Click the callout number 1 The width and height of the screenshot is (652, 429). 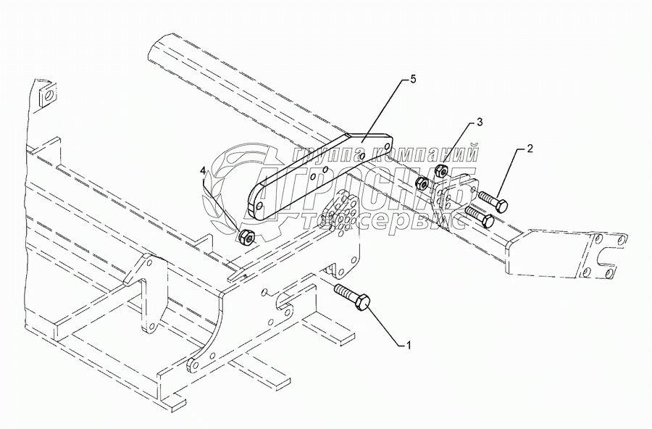coord(409,346)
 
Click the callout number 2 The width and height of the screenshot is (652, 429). coord(530,149)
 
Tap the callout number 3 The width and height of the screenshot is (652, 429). coord(480,120)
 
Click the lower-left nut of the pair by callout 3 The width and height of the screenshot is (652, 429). coord(423,183)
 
